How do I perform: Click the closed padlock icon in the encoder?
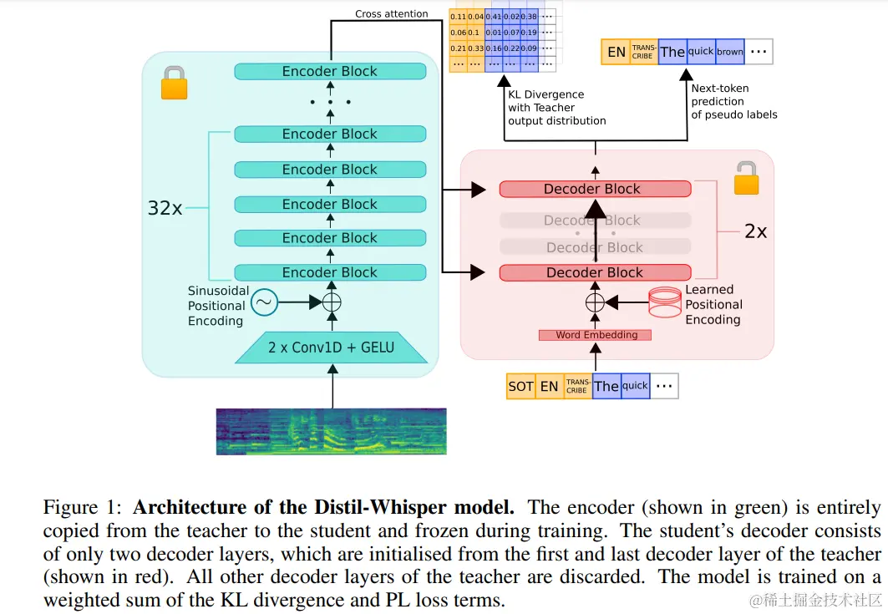174,83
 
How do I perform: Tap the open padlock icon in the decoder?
746,179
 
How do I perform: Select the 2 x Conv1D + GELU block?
331,347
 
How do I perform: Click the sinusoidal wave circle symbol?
264,302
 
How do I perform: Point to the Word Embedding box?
596,335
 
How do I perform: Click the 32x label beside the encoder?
165,209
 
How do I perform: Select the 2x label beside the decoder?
755,231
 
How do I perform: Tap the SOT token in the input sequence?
520,386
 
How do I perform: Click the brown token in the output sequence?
729,52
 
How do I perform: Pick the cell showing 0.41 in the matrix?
494,16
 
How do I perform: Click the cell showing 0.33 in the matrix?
475,47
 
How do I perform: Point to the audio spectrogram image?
331,431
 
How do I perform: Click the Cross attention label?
391,14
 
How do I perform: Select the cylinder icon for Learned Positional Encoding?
664,302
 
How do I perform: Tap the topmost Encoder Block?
330,72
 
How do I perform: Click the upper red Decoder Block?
595,189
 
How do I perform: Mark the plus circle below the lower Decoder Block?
595,302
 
